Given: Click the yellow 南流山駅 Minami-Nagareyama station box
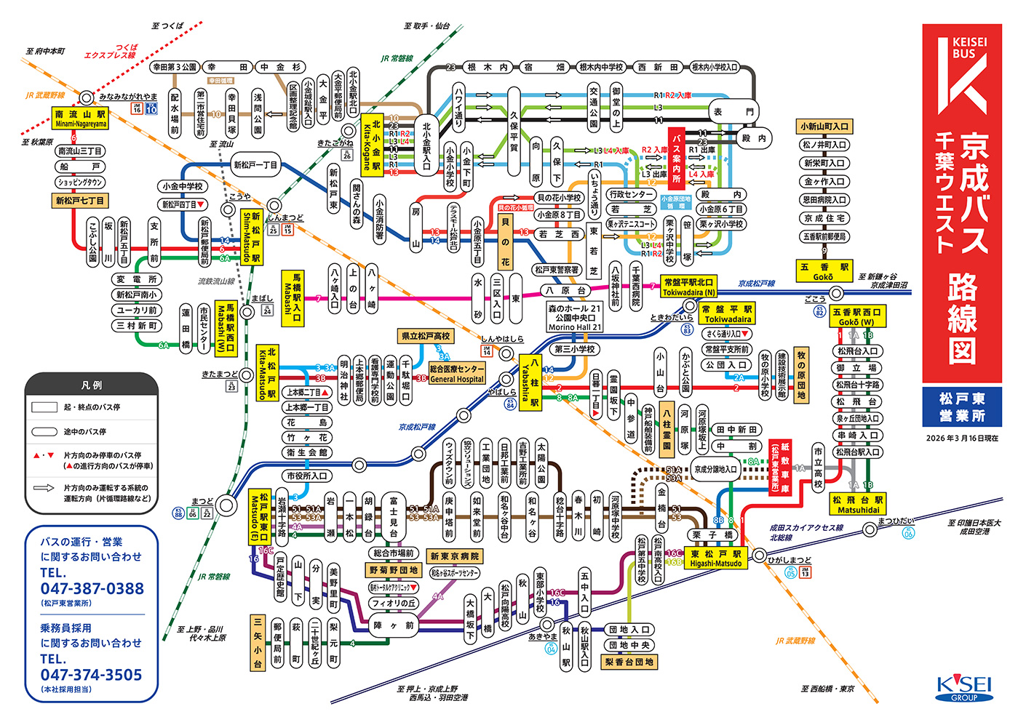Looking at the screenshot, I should [x=80, y=119].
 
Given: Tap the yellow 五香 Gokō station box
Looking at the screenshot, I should [x=824, y=272].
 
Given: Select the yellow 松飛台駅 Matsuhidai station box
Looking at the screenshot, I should [x=858, y=505].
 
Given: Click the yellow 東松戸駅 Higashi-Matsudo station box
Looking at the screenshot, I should [x=715, y=558].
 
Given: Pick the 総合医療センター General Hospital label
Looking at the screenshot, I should [x=457, y=374].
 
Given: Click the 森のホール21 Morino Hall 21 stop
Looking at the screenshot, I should [x=575, y=318].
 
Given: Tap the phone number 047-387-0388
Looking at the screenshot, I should [x=92, y=589].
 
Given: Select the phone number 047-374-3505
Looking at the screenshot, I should [x=92, y=675].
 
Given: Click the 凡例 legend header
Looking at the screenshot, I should [x=92, y=385].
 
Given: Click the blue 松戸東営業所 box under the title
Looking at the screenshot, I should [x=962, y=407].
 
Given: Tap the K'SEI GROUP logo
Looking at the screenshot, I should [x=964, y=688].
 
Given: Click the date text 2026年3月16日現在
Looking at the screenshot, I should [x=962, y=438].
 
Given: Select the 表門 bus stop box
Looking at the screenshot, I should [x=733, y=111].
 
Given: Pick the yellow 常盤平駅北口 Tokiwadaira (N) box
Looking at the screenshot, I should [x=688, y=287].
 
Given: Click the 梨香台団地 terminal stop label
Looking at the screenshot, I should [x=629, y=662].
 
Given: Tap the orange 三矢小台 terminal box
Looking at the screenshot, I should [x=258, y=643].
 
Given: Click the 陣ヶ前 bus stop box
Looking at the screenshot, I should [x=394, y=625].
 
